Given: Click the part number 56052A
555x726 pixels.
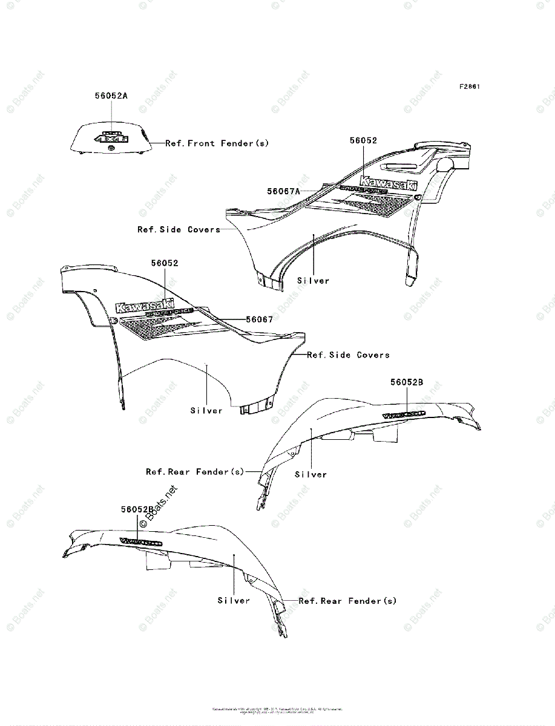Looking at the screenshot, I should (x=111, y=96).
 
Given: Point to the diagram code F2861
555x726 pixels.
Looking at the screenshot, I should (x=470, y=87).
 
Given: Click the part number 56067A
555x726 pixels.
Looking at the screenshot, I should (x=283, y=191).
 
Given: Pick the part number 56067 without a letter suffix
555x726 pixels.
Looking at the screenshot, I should (x=259, y=319).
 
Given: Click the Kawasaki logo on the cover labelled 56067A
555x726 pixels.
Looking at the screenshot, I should (x=388, y=182).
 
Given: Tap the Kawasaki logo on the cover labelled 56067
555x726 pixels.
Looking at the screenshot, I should (x=145, y=304).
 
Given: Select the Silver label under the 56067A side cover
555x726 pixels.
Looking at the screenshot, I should (x=314, y=281).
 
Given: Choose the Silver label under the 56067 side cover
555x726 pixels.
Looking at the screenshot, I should (x=206, y=411).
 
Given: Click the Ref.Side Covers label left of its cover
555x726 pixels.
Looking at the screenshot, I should (x=179, y=229).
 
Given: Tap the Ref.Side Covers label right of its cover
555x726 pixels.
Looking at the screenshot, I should (x=348, y=355).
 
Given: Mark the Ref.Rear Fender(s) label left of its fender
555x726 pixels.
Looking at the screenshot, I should (x=194, y=471).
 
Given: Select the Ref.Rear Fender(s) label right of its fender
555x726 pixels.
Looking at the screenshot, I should (x=347, y=601).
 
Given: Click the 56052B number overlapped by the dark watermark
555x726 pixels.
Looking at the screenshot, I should (x=137, y=510).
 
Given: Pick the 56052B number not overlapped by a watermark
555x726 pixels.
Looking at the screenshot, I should (x=407, y=382).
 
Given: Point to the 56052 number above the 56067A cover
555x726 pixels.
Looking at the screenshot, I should (x=363, y=140).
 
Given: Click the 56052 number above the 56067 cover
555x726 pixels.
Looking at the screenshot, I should (x=165, y=263).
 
